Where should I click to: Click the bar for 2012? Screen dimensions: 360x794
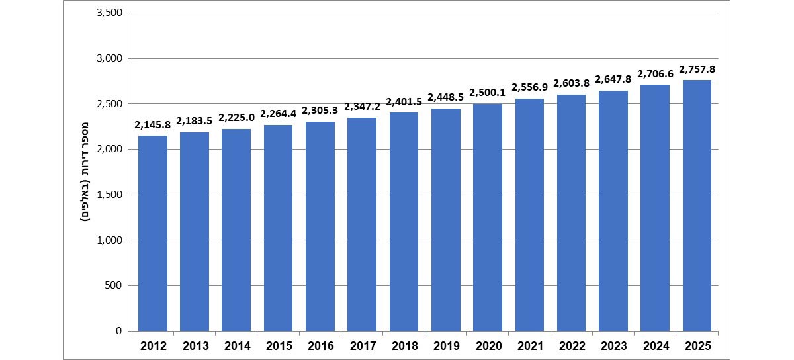pyautogui.click(x=153, y=233)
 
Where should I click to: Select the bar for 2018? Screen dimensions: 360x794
pyautogui.click(x=404, y=222)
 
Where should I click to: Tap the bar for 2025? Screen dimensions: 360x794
pyautogui.click(x=697, y=205)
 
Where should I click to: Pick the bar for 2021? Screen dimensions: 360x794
pyautogui.click(x=530, y=214)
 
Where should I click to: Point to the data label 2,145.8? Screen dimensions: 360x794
pyautogui.click(x=153, y=125)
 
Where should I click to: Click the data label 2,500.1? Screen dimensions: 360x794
pyautogui.click(x=488, y=93)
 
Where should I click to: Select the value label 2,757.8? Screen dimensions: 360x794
pyautogui.click(x=697, y=69)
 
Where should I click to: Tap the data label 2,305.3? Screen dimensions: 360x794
pyautogui.click(x=320, y=111)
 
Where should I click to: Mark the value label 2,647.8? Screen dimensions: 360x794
pyautogui.click(x=613, y=79)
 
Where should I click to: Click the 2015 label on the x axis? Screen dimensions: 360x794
pyautogui.click(x=279, y=345)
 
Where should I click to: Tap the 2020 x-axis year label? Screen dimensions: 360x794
pyautogui.click(x=488, y=345)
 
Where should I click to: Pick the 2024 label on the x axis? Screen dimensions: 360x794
pyautogui.click(x=656, y=345)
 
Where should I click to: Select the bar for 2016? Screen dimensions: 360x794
pyautogui.click(x=320, y=226)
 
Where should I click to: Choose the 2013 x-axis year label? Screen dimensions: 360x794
pyautogui.click(x=195, y=345)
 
